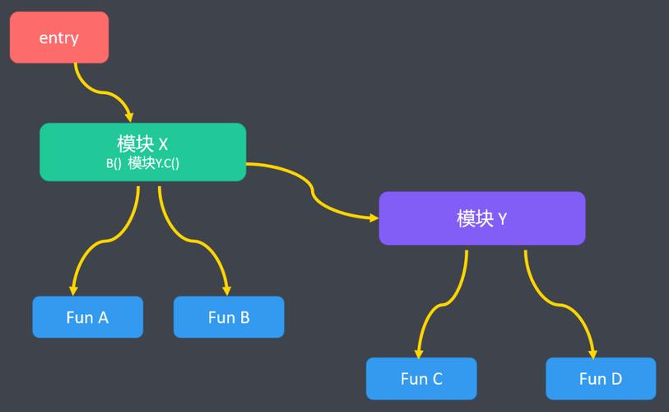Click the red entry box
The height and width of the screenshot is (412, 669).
(59, 38)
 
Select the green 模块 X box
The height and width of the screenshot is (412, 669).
(143, 152)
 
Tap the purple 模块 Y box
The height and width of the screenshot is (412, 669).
(482, 218)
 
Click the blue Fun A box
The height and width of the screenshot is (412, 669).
(88, 317)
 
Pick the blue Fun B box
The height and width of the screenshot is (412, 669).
(229, 317)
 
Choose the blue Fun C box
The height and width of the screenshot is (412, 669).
(421, 379)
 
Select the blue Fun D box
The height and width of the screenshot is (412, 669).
(601, 379)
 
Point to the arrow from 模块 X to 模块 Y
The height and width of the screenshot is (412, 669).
(313, 191)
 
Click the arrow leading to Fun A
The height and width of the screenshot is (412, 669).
(105, 241)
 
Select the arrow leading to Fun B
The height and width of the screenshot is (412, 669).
(194, 241)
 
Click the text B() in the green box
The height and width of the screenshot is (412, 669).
(114, 163)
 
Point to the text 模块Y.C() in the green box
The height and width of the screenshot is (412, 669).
(154, 163)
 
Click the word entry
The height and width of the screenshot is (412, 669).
(59, 38)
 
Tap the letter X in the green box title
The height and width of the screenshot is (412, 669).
(163, 144)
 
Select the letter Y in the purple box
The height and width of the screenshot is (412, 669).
(502, 219)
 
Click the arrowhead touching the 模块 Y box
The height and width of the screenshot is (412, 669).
(374, 218)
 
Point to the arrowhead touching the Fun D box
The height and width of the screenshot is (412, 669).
(592, 354)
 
